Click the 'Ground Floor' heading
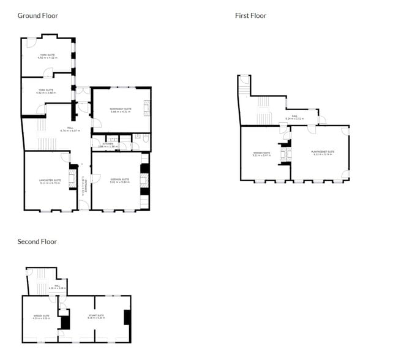click(37, 15)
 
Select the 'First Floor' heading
click(250, 15)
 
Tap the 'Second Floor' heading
click(37, 241)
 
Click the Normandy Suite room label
click(121, 110)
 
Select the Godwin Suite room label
click(121, 181)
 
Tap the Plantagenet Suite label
click(323, 153)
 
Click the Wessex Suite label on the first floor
click(261, 154)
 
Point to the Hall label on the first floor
click(294, 117)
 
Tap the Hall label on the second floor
click(57, 287)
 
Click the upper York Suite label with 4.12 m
click(47, 56)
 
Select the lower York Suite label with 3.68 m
click(47, 92)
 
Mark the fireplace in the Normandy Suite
click(146, 107)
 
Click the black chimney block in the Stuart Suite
click(127, 317)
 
